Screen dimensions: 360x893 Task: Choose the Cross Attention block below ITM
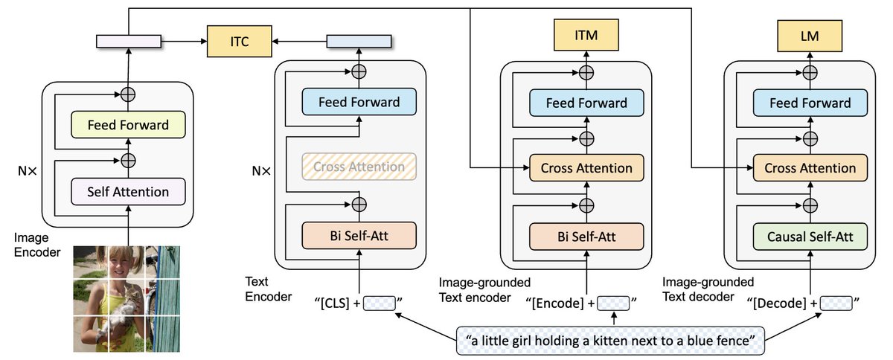(587, 168)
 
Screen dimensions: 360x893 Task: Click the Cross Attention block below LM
(810, 168)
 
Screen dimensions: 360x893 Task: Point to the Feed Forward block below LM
(810, 103)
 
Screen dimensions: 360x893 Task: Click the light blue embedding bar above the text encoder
(359, 41)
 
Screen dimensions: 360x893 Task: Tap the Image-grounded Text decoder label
(708, 289)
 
